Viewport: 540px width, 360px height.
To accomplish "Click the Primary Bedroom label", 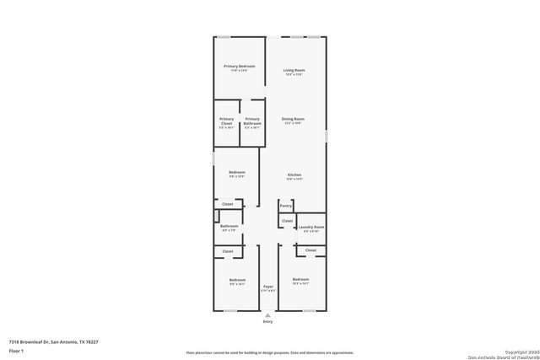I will [239, 66].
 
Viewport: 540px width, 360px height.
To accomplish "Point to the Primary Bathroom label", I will [252, 121].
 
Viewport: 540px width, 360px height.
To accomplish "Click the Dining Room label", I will [293, 119].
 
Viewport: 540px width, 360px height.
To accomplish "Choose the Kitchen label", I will [294, 175].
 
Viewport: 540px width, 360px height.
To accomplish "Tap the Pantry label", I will [286, 205].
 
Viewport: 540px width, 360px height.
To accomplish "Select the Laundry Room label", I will [311, 226].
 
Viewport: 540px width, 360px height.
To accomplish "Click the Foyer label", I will [268, 287].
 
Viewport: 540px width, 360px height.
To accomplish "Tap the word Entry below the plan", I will [268, 321].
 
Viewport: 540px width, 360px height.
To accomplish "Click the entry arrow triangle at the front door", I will [268, 314].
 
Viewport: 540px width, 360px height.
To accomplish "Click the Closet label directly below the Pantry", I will [288, 221].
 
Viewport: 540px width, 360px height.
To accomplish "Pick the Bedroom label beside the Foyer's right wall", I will [300, 279].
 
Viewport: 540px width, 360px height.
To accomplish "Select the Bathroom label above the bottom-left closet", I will [229, 226].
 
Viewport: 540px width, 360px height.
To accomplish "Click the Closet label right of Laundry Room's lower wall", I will [310, 250].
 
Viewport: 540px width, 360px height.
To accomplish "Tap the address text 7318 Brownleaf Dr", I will [53, 341].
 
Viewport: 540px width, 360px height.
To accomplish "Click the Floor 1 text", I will [17, 349].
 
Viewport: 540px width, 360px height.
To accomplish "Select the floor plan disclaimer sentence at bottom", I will [270, 352].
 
